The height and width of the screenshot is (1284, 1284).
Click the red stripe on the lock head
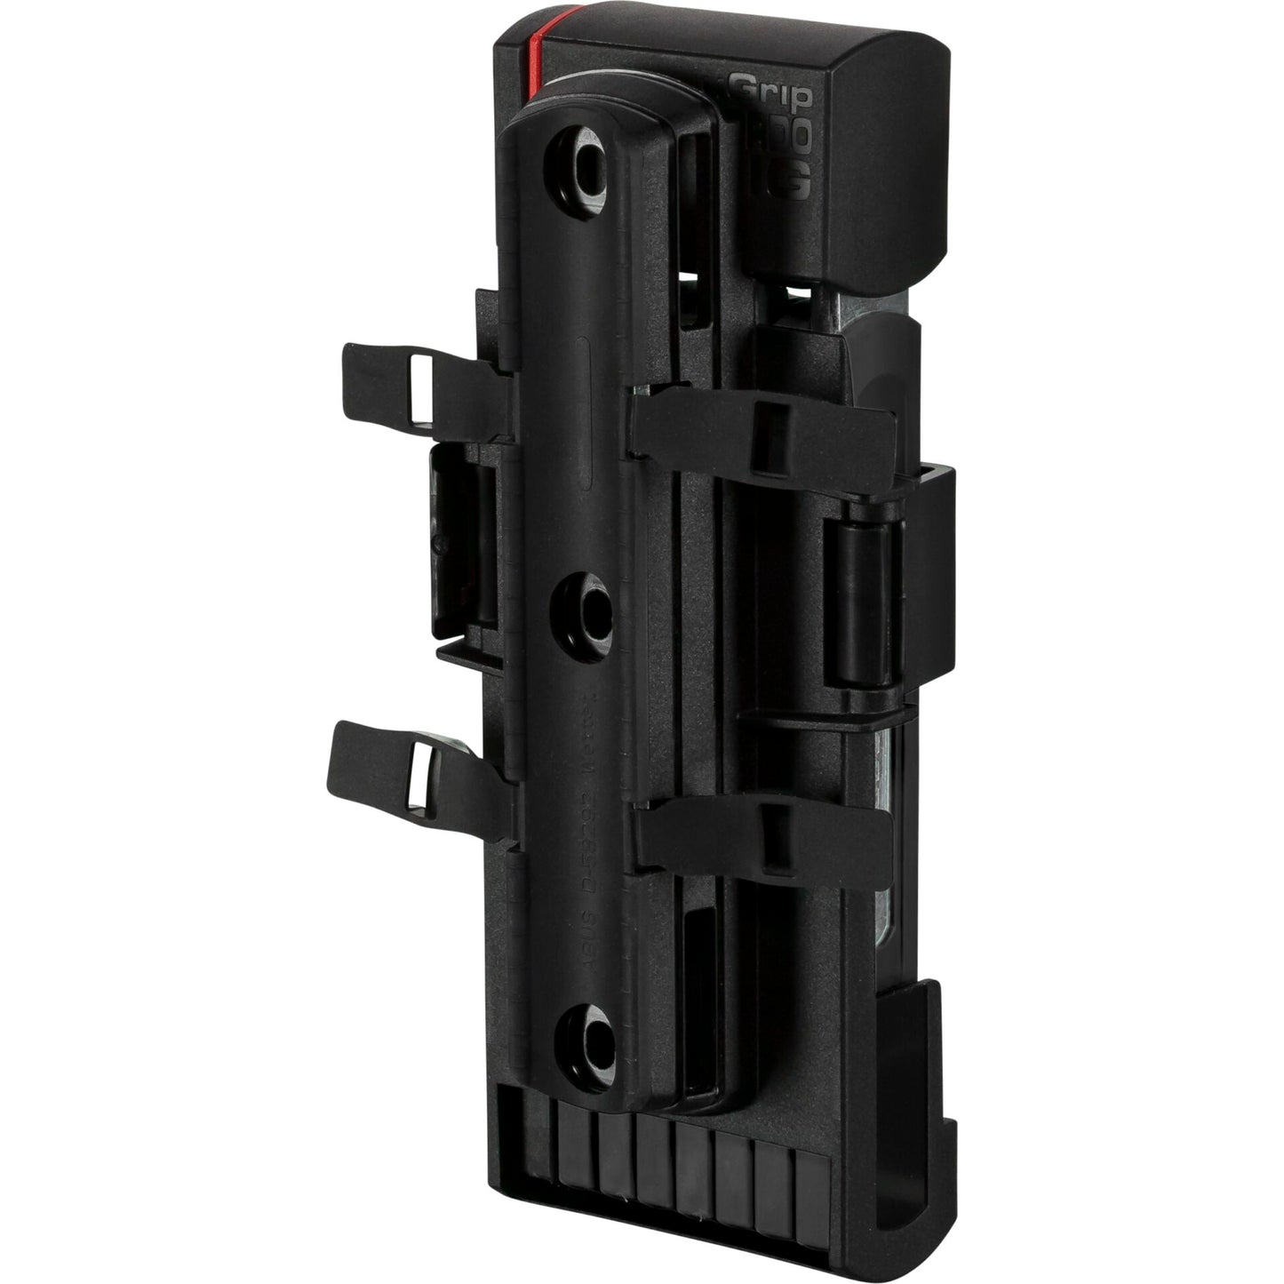coord(535,53)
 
